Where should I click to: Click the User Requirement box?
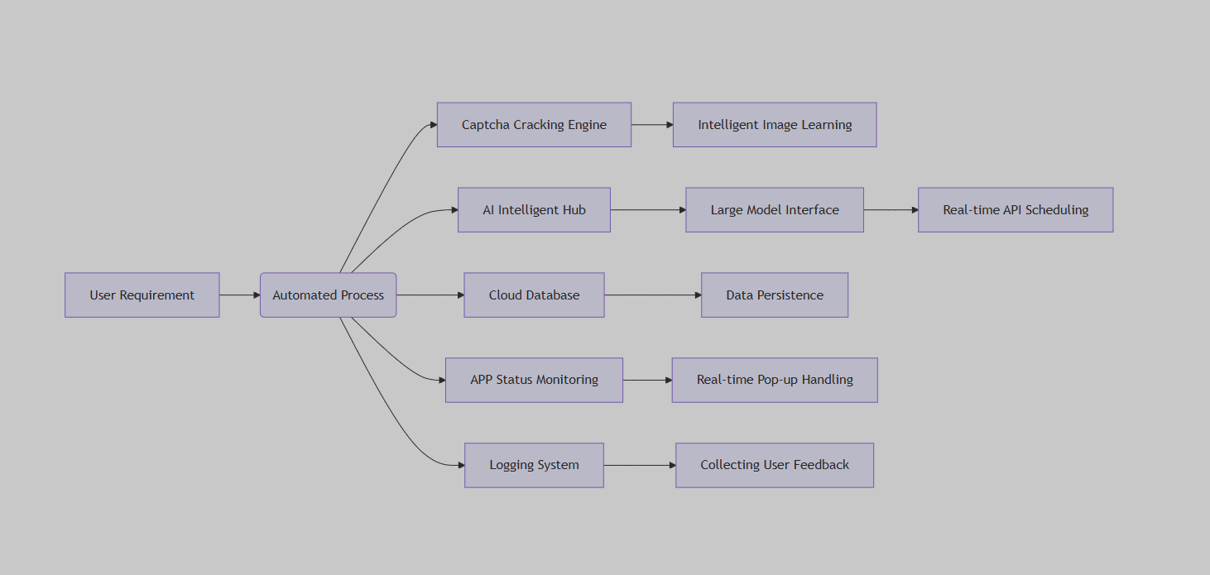(142, 295)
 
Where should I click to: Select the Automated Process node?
(329, 295)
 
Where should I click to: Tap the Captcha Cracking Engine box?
(534, 125)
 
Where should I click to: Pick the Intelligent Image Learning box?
(775, 125)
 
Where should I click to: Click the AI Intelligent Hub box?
(534, 210)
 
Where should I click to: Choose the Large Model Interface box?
(775, 210)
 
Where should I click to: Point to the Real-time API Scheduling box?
(1016, 210)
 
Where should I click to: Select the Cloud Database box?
(534, 295)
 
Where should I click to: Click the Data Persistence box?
(775, 295)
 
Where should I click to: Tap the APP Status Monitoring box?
(534, 380)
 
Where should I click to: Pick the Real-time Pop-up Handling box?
(775, 380)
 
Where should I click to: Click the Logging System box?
(534, 466)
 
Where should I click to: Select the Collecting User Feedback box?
(775, 466)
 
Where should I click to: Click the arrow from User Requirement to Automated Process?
(240, 295)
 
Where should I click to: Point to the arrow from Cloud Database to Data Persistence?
(653, 295)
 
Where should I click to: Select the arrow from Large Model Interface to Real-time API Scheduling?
(891, 210)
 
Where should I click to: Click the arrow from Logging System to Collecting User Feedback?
(640, 466)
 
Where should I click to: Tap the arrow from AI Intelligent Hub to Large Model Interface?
(648, 210)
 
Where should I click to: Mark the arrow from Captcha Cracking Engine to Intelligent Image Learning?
(652, 125)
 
